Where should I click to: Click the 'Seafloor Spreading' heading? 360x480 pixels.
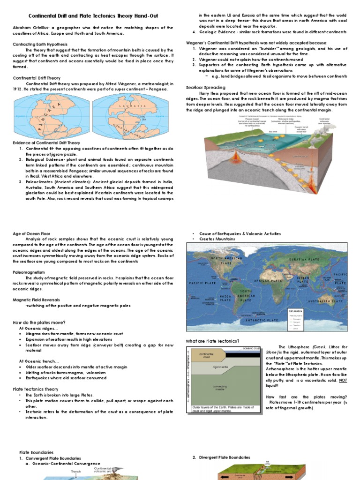click(205, 88)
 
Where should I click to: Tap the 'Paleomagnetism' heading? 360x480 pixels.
click(29, 271)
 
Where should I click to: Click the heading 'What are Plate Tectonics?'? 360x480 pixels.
click(212, 341)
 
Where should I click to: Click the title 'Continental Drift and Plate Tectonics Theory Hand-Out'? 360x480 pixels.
click(94, 16)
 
